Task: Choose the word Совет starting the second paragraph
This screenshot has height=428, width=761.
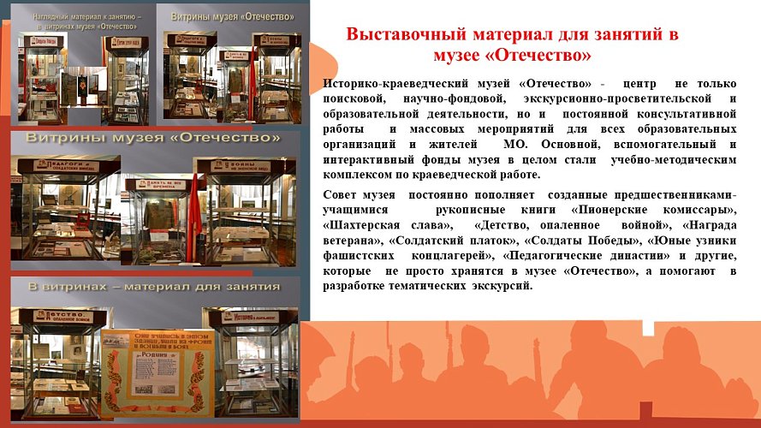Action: [342, 195]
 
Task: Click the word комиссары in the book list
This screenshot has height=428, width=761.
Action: [697, 210]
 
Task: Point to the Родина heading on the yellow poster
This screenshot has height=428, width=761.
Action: [157, 352]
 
